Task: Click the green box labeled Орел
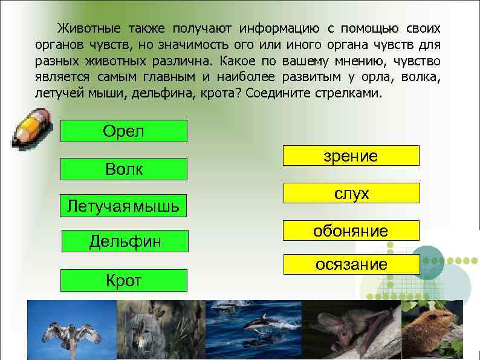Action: tap(124, 131)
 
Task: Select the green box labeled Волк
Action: tap(124, 169)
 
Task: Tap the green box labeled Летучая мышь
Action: tap(123, 206)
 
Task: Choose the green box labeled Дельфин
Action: tap(125, 241)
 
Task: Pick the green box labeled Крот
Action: tap(124, 280)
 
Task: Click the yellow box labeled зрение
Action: tap(351, 155)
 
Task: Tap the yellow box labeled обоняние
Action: tap(351, 231)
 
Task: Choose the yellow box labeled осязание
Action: tap(351, 264)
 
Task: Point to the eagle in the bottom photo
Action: tap(71, 336)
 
